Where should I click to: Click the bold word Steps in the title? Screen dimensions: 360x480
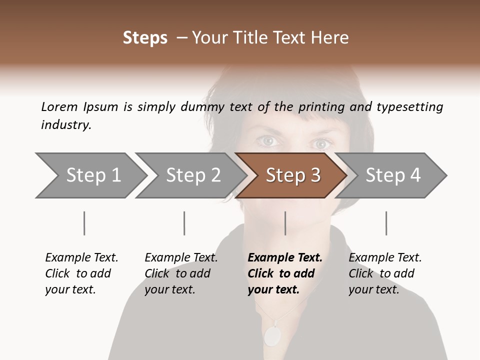coord(145,38)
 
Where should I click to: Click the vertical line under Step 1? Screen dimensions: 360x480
coord(84,223)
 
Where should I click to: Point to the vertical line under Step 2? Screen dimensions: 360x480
coord(184,223)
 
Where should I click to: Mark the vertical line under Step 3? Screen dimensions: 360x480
coord(285,223)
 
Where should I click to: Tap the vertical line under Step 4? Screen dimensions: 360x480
coord(386,223)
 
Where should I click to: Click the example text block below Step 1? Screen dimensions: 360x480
coord(81,273)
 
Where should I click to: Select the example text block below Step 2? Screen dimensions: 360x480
coord(181,273)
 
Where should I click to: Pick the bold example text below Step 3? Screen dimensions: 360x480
coord(284,273)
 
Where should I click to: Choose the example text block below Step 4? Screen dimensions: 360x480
coord(385,273)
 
